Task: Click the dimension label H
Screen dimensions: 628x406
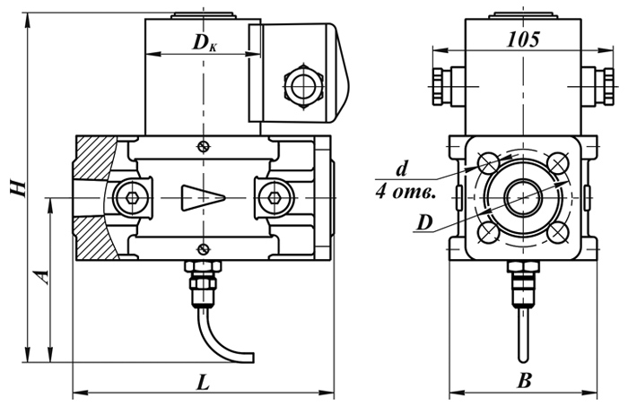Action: coord(19,187)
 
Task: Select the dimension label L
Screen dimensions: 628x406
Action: coord(203,384)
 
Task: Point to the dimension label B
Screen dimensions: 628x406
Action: coord(524,381)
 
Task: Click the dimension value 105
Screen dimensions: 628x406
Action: coord(523,39)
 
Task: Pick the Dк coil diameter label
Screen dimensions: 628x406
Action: coord(205,43)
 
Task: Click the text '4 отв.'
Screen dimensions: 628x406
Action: coord(406,193)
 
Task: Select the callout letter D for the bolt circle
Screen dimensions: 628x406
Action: coord(424,222)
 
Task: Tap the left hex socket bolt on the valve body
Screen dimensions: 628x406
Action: coord(131,197)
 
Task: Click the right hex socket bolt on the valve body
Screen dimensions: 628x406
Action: coord(274,197)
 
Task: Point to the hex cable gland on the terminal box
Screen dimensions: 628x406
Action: coord(302,86)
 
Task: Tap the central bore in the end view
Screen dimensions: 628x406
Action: coord(523,197)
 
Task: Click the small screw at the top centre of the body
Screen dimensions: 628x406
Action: coord(205,147)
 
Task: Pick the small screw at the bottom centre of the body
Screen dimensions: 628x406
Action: coord(205,249)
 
